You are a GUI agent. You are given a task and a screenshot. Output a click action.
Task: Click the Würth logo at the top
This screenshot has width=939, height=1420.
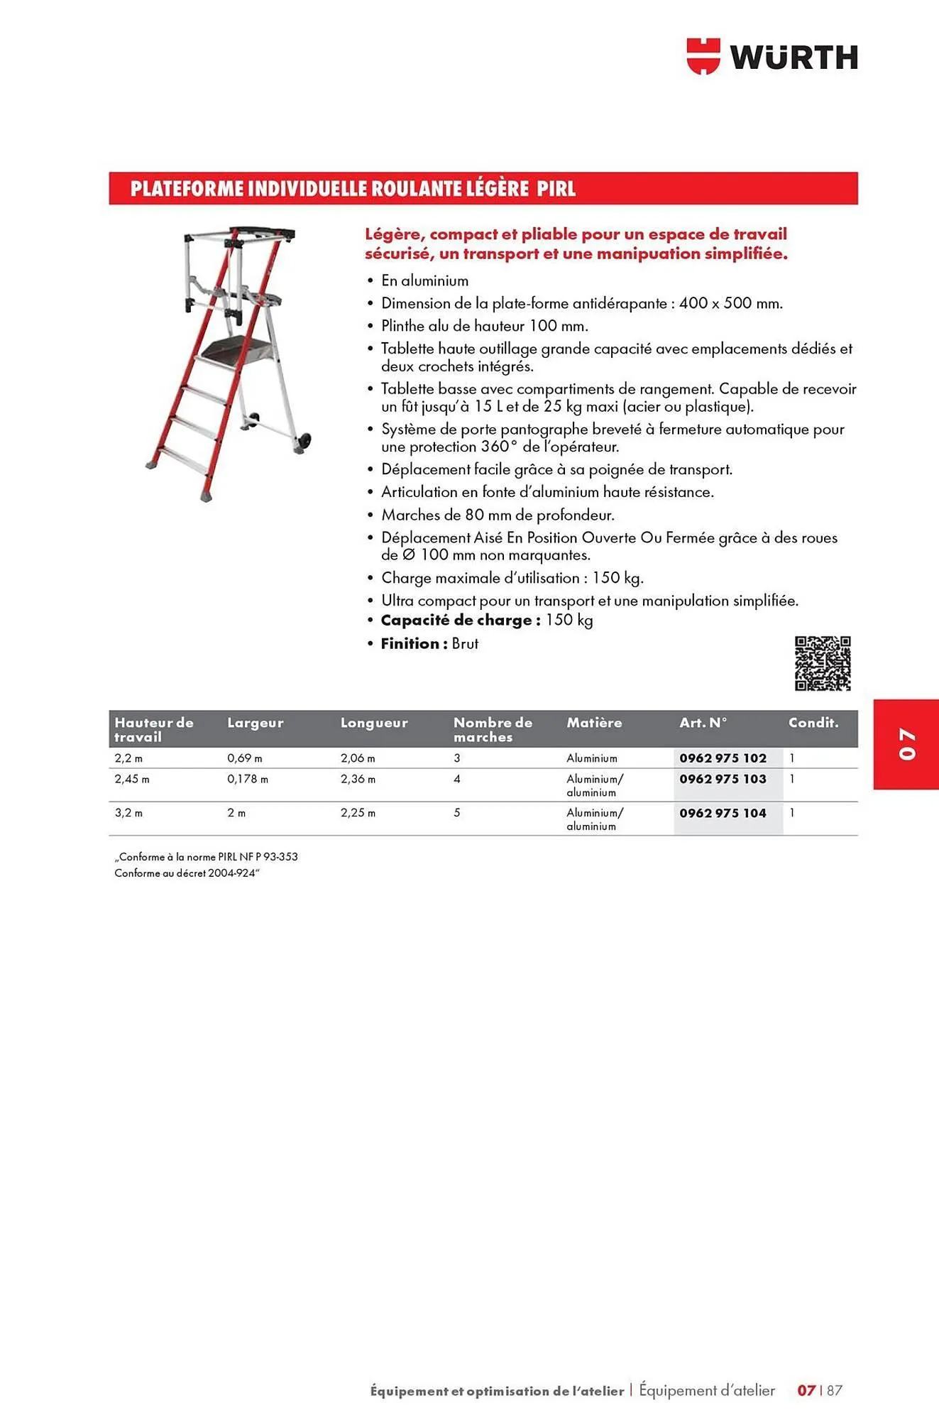point(772,57)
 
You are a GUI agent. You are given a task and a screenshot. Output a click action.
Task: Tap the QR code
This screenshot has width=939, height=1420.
point(822,663)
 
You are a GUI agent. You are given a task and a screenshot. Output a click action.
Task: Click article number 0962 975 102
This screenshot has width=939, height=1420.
point(723,758)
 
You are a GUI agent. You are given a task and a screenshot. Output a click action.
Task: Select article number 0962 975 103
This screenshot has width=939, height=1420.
point(723,779)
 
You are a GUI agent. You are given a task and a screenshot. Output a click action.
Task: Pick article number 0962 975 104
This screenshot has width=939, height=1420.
point(723,813)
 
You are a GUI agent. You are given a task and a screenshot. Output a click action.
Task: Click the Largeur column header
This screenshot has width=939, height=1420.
point(255,723)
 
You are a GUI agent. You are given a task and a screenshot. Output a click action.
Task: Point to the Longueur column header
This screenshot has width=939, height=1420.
point(374,723)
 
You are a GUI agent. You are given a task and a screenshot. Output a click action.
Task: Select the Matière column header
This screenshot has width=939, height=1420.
point(594,723)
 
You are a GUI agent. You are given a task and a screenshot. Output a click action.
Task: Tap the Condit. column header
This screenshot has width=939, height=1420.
point(813,723)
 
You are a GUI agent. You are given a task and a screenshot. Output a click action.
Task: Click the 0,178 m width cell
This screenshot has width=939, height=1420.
point(248,779)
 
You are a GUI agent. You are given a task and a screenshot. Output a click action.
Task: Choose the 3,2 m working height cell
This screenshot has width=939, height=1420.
point(128,813)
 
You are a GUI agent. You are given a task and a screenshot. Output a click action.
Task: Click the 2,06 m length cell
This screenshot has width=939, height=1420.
point(358,758)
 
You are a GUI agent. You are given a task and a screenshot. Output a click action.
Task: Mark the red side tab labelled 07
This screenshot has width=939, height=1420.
point(906,743)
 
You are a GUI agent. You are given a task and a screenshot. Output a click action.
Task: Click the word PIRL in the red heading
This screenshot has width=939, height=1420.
point(556,189)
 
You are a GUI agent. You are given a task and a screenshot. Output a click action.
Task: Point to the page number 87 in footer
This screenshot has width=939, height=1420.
point(835,1390)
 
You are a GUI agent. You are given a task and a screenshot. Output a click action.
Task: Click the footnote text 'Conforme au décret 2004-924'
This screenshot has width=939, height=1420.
point(187,873)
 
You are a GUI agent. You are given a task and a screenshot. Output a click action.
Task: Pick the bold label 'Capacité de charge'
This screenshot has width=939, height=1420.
point(460,621)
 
